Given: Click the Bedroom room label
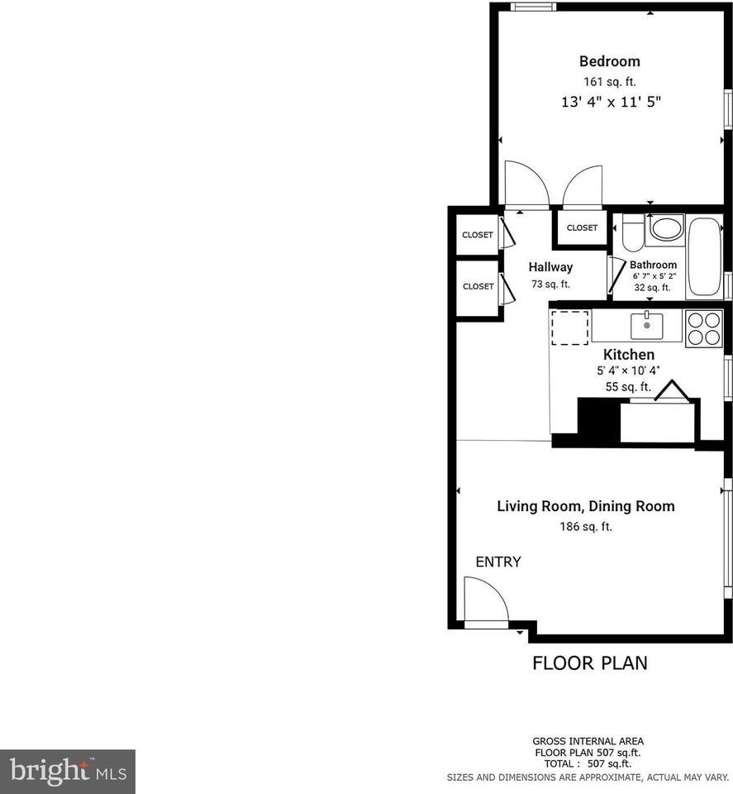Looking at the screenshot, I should [609, 61].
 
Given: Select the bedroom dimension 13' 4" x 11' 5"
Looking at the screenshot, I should [611, 103].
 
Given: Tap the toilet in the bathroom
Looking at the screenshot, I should [633, 232].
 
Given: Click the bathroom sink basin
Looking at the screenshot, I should [665, 228].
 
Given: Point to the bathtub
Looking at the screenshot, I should [704, 256].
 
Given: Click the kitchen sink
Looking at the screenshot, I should [647, 326].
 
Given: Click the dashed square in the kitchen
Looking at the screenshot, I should [569, 327].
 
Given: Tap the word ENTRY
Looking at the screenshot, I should [498, 562].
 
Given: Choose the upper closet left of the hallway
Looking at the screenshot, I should [478, 235].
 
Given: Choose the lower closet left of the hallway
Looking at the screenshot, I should [478, 286].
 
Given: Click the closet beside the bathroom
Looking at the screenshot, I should [582, 227].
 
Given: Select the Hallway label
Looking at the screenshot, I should [550, 267].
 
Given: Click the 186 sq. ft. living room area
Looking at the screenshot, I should [585, 527].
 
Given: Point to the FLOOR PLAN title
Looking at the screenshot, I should [589, 662].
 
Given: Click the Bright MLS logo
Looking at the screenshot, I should [67, 772].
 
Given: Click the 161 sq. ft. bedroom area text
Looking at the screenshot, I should [609, 82].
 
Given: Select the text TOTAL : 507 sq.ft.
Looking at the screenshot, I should [588, 764].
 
